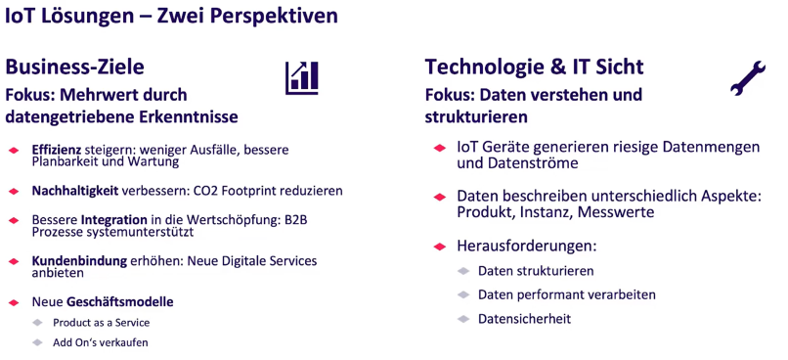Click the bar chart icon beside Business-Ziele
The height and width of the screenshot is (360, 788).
302,77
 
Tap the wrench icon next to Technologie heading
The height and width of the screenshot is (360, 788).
748,78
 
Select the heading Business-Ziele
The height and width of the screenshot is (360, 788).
75,67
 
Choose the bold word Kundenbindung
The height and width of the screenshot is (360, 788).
78,261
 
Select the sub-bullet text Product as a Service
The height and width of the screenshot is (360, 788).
101,322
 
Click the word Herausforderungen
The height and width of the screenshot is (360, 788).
525,246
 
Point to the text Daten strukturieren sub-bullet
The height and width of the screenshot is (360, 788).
536,270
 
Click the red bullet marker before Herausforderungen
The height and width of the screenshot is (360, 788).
439,246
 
